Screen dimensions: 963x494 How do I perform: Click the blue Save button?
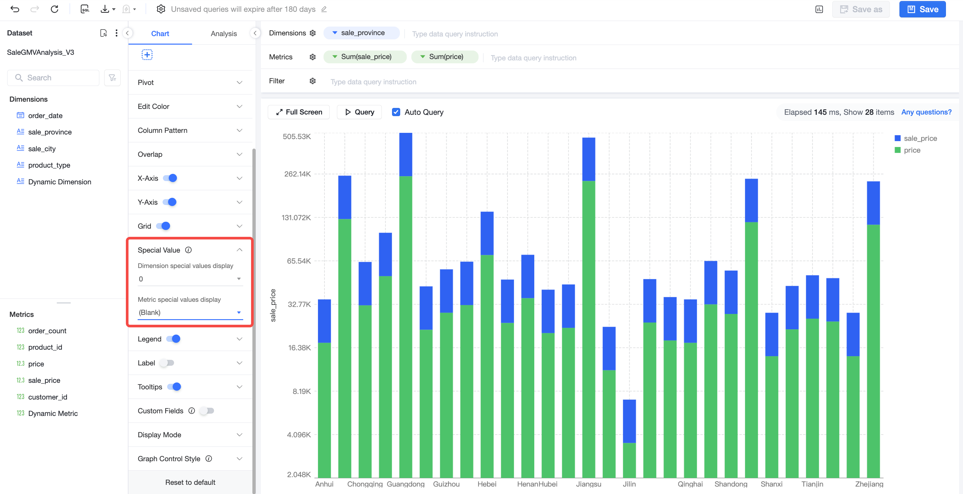pos(922,10)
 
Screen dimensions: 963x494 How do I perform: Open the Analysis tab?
pos(224,34)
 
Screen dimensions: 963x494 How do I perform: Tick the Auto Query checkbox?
pos(396,112)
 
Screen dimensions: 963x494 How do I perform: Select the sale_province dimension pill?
pos(362,33)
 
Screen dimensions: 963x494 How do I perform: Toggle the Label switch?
pos(167,363)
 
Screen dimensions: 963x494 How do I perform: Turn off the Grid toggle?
pos(163,226)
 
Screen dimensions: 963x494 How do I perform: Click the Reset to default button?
pos(190,483)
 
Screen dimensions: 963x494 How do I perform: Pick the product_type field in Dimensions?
pos(49,165)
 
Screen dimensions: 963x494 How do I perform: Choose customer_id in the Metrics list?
pos(48,397)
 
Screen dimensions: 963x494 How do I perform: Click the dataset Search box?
pos(53,78)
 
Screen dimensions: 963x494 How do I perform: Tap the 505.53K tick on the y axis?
pos(297,136)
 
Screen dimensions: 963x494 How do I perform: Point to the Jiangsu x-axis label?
pos(588,484)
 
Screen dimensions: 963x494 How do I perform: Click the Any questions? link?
pos(926,112)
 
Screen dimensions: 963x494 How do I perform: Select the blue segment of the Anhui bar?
pos(324,321)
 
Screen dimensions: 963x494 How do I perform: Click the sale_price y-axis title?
pos(273,305)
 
